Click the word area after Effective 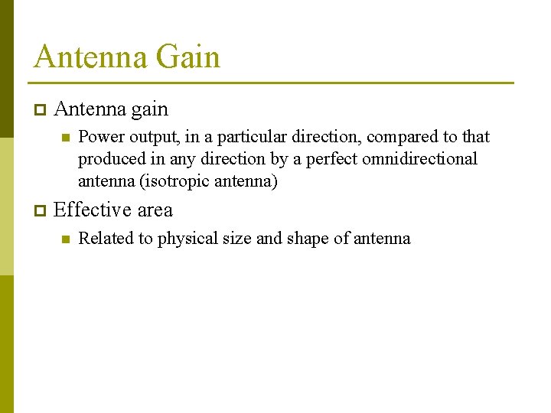coord(155,210)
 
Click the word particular coord(252,137)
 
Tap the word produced coord(107,159)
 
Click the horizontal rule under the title coord(272,83)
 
